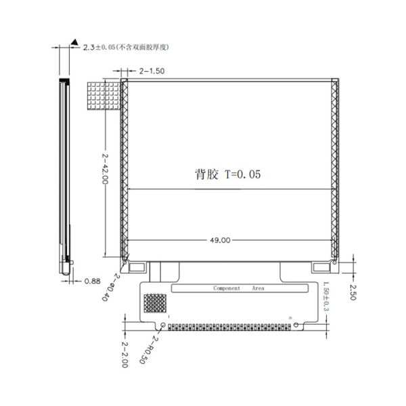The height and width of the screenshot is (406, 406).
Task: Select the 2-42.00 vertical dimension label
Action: point(106,171)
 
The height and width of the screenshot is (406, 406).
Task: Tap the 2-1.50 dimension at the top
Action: point(152,70)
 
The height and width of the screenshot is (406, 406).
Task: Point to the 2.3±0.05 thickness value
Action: point(97,47)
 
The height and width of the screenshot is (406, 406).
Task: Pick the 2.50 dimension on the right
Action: point(352,292)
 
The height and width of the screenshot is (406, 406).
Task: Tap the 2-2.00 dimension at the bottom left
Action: point(125,354)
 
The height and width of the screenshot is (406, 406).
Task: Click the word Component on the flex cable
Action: point(227,288)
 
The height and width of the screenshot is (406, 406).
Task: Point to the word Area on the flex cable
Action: point(258,288)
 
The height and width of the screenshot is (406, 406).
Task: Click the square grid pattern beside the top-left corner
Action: point(103,95)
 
